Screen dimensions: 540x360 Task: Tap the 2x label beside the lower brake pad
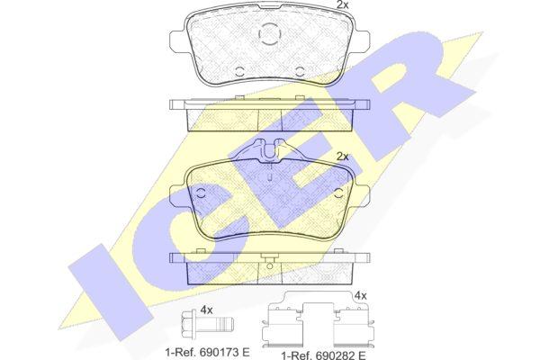click(x=342, y=157)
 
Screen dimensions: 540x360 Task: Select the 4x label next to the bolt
click(x=206, y=310)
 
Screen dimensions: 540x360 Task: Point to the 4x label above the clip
click(x=361, y=295)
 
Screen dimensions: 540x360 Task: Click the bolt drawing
click(x=208, y=325)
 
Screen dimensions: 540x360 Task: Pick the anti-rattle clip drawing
click(x=319, y=322)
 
